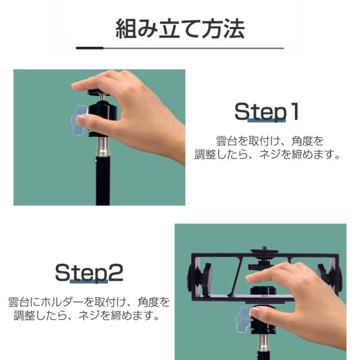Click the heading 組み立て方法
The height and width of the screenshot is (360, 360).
coord(180,29)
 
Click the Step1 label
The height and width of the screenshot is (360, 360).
coord(267,111)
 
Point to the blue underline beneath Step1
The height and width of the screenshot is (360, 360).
coord(267,120)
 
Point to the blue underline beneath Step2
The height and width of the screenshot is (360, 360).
coord(89,281)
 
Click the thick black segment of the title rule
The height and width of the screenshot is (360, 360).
coord(90,48)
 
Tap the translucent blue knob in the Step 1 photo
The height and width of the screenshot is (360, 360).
coord(79,120)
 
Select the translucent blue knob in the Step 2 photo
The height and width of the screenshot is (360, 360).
coord(243,319)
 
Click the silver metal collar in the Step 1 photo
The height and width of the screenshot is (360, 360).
coord(103,147)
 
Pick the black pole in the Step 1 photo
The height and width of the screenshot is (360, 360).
coord(102,181)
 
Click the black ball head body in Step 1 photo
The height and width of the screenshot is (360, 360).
coord(103,120)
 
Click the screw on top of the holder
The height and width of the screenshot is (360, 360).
coord(264,247)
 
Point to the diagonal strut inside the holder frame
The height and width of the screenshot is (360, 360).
coord(236,277)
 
